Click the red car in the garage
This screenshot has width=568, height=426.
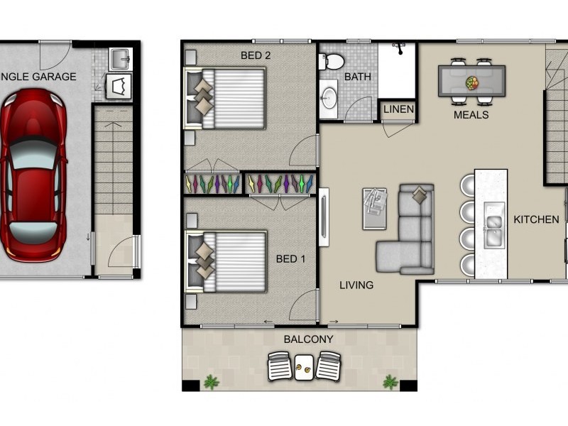click(33, 175)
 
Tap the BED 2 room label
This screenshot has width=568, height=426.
click(256, 55)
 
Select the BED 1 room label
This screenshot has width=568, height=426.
click(290, 259)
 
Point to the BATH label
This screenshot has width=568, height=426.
click(358, 77)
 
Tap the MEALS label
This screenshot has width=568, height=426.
click(471, 114)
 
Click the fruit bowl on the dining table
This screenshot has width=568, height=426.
click(471, 83)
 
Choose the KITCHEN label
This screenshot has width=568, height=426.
click(536, 219)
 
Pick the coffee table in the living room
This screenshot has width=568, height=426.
click(375, 208)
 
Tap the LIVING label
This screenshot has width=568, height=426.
click(356, 285)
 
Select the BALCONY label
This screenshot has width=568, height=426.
click(308, 339)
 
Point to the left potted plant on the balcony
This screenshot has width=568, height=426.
click(211, 382)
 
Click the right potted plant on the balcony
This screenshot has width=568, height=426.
click(390, 382)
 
